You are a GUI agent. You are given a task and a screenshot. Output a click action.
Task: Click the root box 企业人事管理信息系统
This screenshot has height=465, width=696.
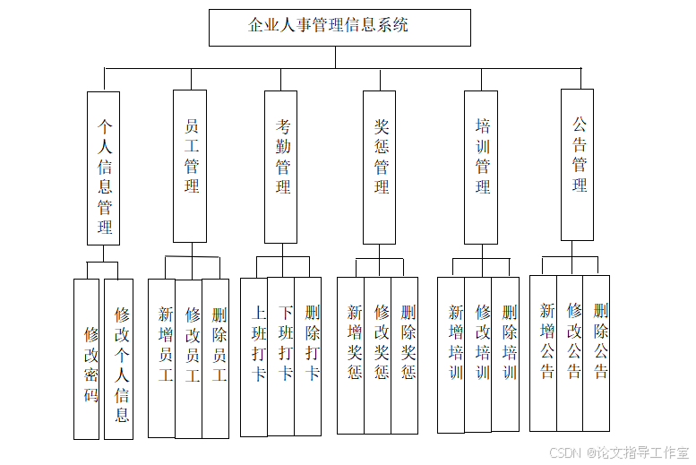coord(339,28)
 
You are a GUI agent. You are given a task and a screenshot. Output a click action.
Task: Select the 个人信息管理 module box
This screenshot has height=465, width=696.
coord(104,168)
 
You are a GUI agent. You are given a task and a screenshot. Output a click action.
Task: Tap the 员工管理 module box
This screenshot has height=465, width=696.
coord(190,166)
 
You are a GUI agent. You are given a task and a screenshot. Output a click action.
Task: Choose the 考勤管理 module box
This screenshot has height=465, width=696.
coord(281,167)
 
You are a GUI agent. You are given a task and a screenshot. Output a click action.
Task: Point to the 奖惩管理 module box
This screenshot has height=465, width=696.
coord(380,167)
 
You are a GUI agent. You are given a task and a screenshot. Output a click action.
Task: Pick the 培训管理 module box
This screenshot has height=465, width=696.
coord(481,167)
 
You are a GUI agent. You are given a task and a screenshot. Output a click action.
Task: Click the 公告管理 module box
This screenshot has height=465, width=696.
coord(577,165)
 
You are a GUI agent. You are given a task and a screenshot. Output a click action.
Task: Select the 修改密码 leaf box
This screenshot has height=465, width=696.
coord(87,358)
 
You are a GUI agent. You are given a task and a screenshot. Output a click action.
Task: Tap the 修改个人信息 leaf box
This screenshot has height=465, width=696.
coord(119,358)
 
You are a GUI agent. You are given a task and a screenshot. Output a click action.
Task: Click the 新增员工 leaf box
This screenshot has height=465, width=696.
coord(162,358)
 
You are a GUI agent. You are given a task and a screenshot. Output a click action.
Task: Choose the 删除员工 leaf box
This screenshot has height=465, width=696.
coord(216,358)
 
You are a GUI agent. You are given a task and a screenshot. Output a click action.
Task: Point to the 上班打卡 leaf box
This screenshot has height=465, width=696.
coord(254,357)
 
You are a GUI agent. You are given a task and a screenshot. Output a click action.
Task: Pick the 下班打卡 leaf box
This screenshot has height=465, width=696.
coord(281,357)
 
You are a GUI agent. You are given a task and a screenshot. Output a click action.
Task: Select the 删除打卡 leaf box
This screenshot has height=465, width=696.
coord(308,357)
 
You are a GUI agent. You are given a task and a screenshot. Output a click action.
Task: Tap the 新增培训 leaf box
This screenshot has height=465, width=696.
coord(451,355)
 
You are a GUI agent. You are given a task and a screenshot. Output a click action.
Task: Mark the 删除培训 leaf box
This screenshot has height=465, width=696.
coord(505,355)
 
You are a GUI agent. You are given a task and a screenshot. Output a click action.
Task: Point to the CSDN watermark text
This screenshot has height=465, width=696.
coord(618,453)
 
